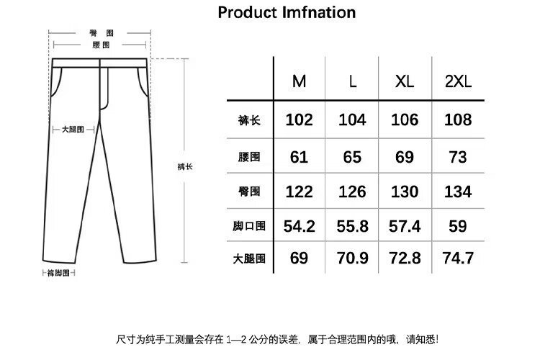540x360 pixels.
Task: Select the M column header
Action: [299, 81]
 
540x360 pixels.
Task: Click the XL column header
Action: [405, 81]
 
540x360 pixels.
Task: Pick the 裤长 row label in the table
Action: [249, 120]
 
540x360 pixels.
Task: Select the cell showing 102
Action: [299, 120]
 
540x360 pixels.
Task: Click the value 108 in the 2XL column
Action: [457, 120]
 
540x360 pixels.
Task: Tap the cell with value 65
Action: [352, 157]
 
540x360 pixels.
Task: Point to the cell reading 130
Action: [405, 192]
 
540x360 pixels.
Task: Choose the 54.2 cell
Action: [299, 226]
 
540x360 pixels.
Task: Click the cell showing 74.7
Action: [457, 258]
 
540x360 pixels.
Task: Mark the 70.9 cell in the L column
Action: [352, 258]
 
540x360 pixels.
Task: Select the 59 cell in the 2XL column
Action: [457, 226]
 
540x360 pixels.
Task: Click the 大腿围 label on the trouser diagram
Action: [73, 129]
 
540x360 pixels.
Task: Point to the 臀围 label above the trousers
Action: [102, 33]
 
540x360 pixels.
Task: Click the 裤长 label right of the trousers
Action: [184, 166]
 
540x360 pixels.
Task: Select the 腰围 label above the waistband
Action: [102, 45]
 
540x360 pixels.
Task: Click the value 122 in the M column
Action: [299, 192]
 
